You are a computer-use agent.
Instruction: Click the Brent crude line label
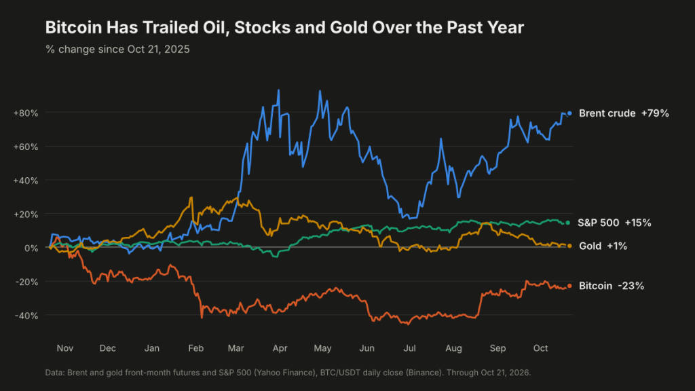click(x=624, y=113)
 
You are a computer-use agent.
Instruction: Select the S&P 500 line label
click(x=614, y=223)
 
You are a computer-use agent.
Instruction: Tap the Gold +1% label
click(x=603, y=246)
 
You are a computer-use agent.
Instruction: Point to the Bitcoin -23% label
click(x=612, y=286)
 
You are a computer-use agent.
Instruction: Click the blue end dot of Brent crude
click(x=569, y=113)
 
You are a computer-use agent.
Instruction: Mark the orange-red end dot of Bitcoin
click(x=569, y=286)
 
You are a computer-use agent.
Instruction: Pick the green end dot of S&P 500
click(x=568, y=223)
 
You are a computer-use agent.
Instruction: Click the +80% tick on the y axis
click(x=26, y=113)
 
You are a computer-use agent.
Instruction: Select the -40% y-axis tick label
click(x=26, y=316)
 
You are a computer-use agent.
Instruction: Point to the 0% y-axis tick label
click(x=31, y=248)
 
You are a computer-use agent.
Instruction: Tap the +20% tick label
click(x=26, y=214)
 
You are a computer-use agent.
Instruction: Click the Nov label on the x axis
click(x=64, y=348)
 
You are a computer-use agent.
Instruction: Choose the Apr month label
click(x=280, y=348)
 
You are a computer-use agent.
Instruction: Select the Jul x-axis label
click(x=409, y=348)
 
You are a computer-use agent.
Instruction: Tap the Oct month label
click(x=540, y=348)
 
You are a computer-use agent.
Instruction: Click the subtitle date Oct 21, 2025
click(x=158, y=49)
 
